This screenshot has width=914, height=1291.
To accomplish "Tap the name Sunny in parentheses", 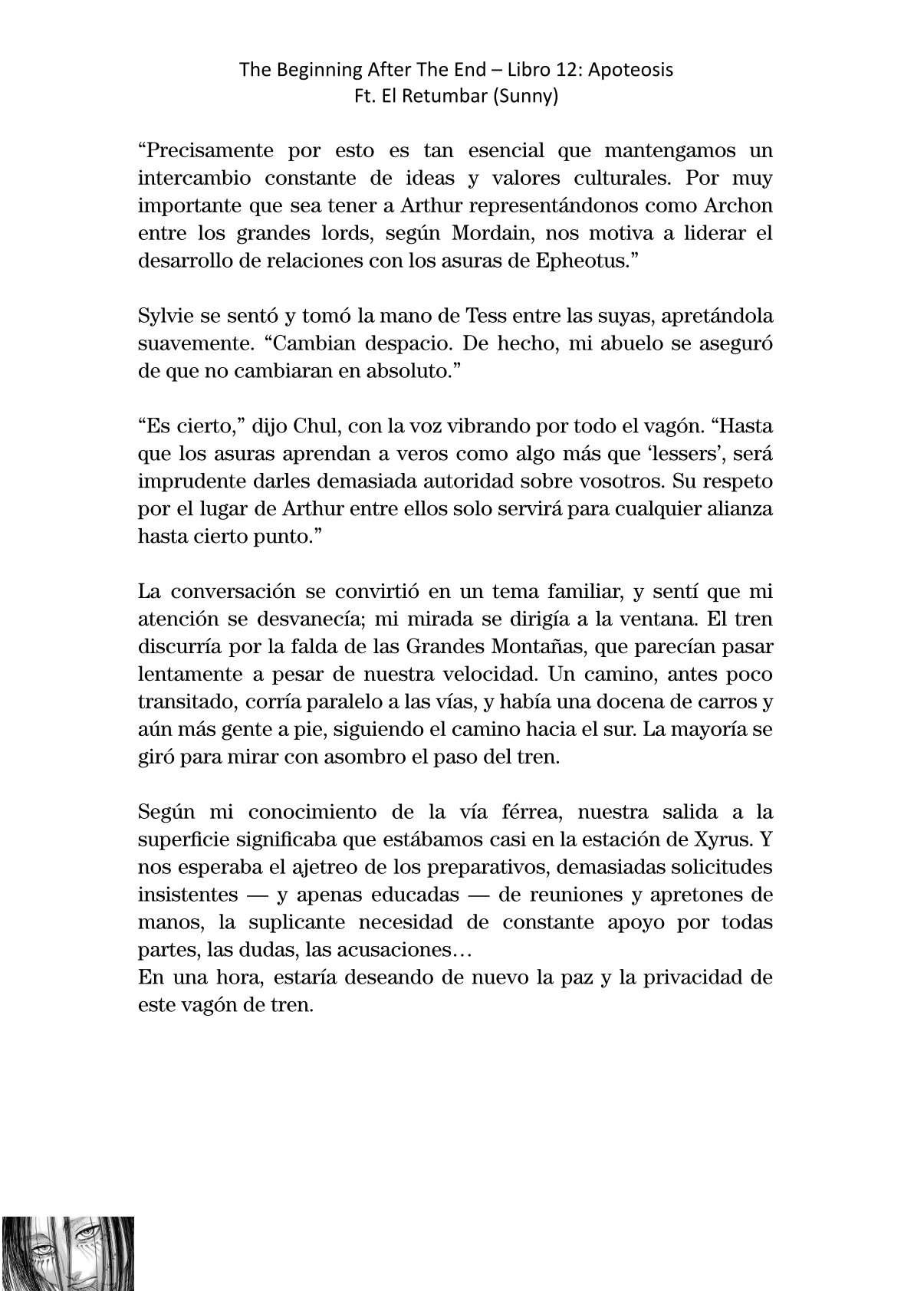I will [529, 97].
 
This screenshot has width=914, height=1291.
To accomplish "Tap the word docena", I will [616, 702].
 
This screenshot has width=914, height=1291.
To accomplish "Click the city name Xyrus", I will [721, 840].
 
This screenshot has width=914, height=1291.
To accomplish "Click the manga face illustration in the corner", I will [67, 1253].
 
